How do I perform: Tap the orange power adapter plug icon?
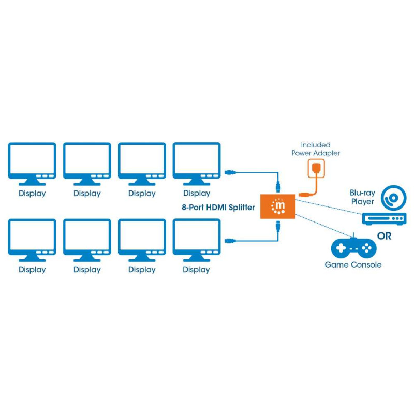pyautogui.click(x=315, y=168)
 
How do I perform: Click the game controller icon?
pyautogui.click(x=353, y=248)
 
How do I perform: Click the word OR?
pyautogui.click(x=385, y=236)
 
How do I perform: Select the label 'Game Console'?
pyautogui.click(x=353, y=265)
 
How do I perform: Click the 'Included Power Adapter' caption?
pyautogui.click(x=316, y=149)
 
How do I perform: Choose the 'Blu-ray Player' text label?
pyautogui.click(x=362, y=197)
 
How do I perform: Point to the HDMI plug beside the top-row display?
pyautogui.click(x=231, y=172)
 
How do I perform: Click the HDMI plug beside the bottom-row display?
pyautogui.click(x=231, y=240)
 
